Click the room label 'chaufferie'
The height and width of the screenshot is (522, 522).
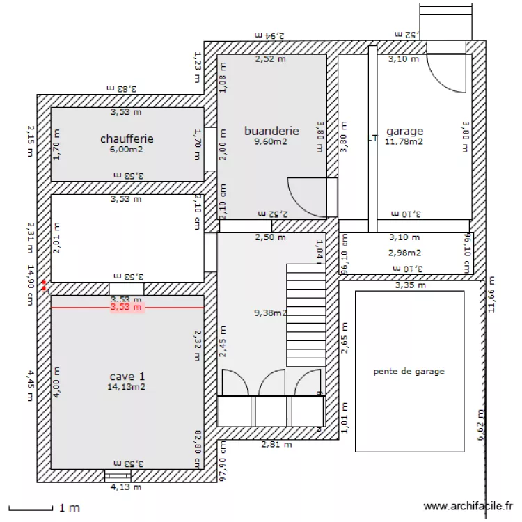[x=127, y=139]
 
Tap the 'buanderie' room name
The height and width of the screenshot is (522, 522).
[x=271, y=130]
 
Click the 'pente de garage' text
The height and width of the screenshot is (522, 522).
[x=409, y=371]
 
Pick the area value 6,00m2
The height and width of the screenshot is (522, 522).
[x=127, y=149]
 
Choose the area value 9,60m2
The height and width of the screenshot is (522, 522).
[x=271, y=141]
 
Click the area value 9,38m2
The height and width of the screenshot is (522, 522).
[x=271, y=313]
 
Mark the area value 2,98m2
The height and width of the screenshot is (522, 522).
[x=404, y=253]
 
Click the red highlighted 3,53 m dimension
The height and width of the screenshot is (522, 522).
[x=127, y=307]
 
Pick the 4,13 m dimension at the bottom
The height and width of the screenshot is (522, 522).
[x=126, y=487]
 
